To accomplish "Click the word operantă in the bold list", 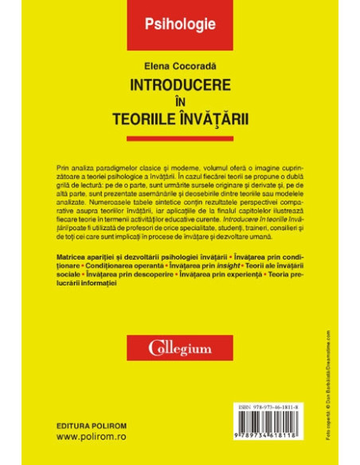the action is [125, 264].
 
